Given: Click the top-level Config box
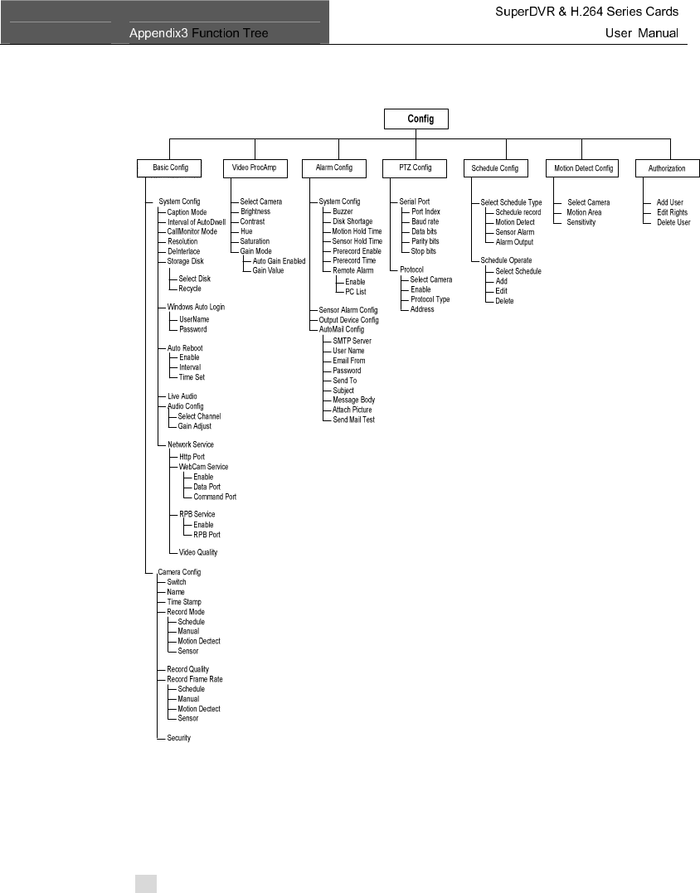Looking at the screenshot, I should (420, 119).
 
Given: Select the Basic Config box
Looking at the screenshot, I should (170, 168).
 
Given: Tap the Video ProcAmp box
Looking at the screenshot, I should (255, 168).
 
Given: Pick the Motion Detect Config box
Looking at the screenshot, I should (583, 168).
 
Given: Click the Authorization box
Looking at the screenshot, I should (666, 168).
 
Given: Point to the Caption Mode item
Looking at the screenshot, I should (187, 212).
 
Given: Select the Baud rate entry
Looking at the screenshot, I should (425, 222).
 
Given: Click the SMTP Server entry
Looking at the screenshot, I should (352, 341).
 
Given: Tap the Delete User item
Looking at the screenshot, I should (673, 222).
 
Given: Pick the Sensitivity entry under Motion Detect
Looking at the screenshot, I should (581, 222).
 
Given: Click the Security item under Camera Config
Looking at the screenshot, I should (179, 738).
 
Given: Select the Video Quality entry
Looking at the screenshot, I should (198, 552).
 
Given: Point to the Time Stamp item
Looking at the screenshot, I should (184, 602).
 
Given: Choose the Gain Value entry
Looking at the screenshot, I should (270, 271).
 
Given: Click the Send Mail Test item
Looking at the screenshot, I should (353, 420).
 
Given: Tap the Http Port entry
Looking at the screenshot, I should (192, 457).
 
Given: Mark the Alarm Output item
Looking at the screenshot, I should (514, 242).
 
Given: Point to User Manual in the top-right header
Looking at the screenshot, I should (642, 33).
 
